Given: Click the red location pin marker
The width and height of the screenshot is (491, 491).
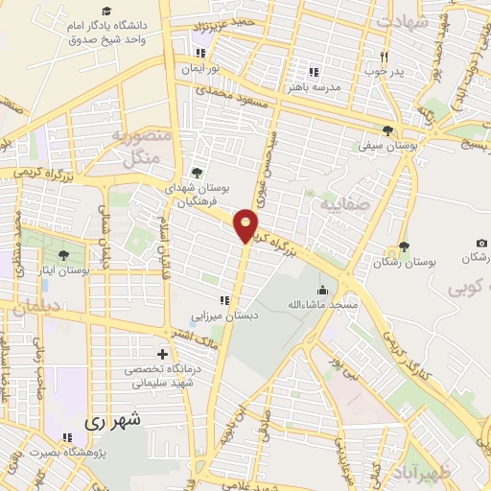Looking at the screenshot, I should tap(246, 225).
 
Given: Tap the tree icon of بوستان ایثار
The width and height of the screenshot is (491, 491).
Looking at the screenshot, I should tap(63, 255).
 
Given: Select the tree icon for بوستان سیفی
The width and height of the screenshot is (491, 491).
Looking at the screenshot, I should tap(387, 130).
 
